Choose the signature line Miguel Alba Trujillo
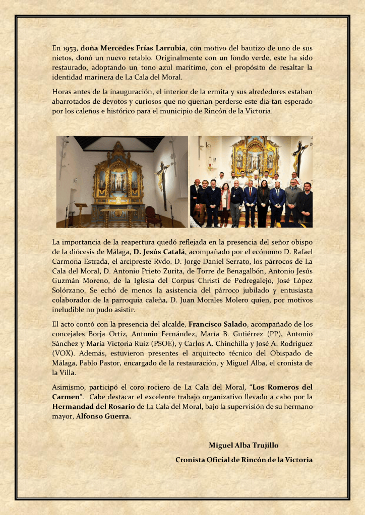click(244, 446)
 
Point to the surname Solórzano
click(70, 291)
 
